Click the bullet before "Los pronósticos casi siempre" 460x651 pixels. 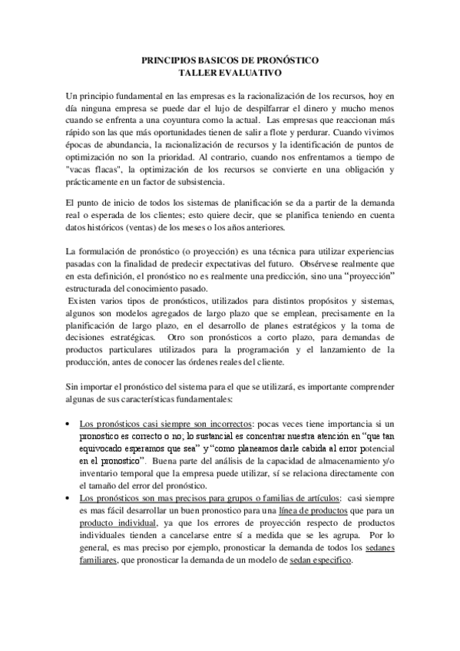coord(71,423)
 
